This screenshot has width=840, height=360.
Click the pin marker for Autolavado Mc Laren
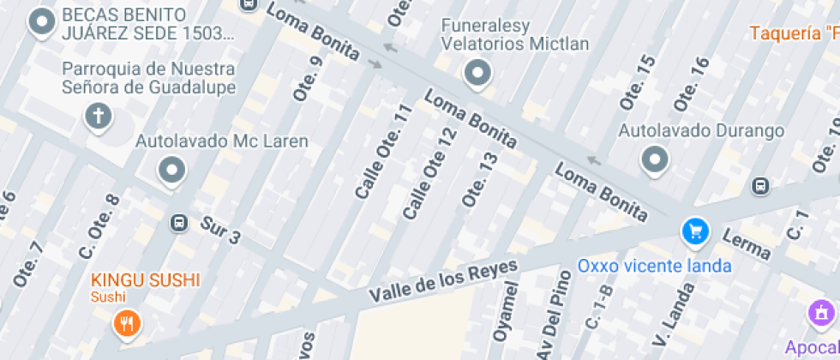172,170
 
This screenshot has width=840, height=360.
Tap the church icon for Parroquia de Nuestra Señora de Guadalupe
99,117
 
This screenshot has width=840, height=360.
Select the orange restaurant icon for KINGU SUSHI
127,322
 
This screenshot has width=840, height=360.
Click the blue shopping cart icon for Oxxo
695,231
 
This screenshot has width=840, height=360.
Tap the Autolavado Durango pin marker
656,159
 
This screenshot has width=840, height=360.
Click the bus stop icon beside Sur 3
179,223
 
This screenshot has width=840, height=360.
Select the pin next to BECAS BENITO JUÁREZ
42,22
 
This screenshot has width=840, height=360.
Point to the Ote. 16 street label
691,84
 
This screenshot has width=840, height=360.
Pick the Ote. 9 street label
307,79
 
